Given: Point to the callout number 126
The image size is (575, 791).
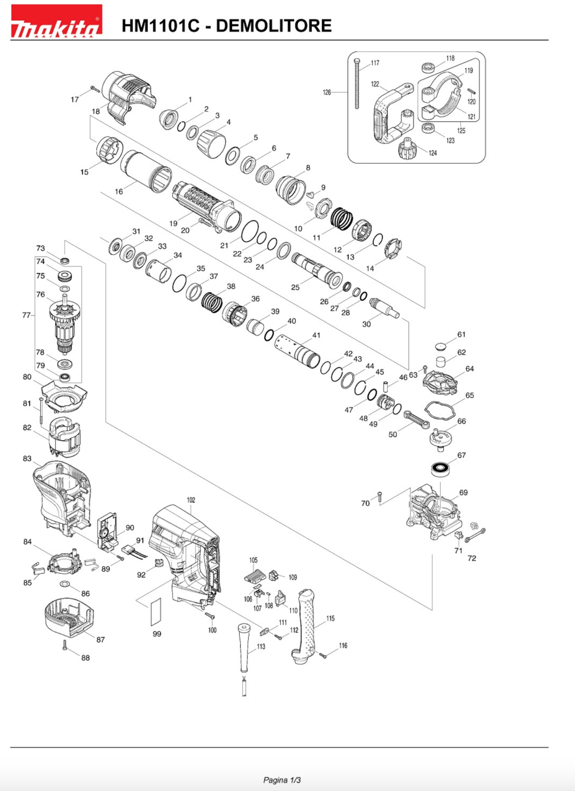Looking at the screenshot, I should point(327,92).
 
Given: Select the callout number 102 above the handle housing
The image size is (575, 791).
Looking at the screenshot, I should point(191,500).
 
